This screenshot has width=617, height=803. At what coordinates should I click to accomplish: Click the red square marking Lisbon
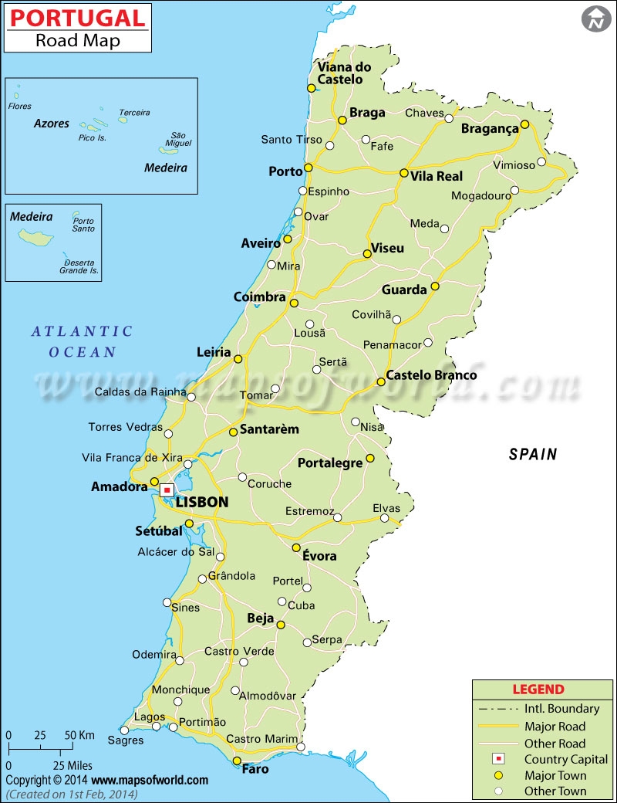[167, 490]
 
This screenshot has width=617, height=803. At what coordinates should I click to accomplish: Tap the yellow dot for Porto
[308, 168]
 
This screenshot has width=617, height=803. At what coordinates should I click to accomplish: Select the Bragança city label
[490, 129]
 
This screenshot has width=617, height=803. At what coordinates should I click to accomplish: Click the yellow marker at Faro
[237, 761]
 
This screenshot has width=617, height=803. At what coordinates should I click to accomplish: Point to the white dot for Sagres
[124, 730]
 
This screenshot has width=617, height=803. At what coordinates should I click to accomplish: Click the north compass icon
[595, 19]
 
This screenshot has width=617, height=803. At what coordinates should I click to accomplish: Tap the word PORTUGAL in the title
[77, 18]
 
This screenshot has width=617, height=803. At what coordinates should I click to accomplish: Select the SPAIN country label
[532, 455]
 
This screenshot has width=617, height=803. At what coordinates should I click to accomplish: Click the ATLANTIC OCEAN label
[83, 341]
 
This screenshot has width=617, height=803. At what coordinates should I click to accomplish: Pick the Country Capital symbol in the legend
[498, 759]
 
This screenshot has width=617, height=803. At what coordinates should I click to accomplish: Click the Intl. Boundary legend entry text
[561, 709]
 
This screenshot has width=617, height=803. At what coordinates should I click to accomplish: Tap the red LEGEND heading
[538, 689]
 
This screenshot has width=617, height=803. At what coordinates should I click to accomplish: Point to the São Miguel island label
[178, 138]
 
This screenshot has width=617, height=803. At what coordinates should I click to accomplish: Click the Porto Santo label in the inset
[83, 224]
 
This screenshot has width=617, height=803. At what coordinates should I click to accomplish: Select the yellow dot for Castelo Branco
[381, 382]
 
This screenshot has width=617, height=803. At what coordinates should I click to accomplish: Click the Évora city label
[319, 556]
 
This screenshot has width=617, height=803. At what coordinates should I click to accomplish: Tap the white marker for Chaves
[449, 117]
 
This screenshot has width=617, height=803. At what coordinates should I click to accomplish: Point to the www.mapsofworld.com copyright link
[151, 781]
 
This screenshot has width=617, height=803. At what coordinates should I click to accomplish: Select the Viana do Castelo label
[344, 73]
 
